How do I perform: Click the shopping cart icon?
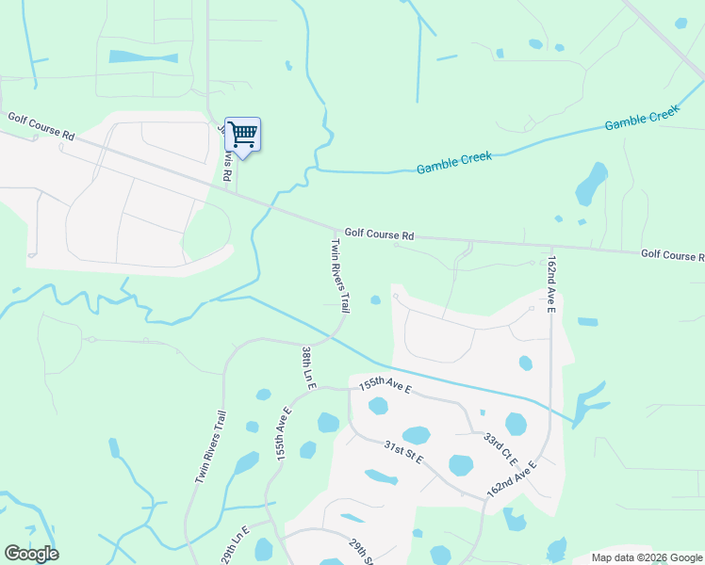(x=242, y=134)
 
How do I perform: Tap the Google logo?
(x=31, y=554)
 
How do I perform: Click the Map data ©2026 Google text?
(x=647, y=557)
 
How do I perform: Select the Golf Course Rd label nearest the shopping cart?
(x=41, y=126)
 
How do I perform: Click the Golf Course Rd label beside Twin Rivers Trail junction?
(x=379, y=234)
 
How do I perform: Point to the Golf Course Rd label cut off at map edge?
(x=672, y=255)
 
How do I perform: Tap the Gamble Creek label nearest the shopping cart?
(x=454, y=164)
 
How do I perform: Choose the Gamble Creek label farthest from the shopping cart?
(x=642, y=119)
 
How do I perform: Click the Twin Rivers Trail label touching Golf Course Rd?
(x=340, y=275)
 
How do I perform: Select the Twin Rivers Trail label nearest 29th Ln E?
(x=210, y=447)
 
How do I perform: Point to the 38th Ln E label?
(x=308, y=367)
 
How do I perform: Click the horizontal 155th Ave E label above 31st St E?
(x=385, y=385)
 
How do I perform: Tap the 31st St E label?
(x=403, y=452)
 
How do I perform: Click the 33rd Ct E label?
(x=500, y=450)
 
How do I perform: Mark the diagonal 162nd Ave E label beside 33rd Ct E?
(x=512, y=479)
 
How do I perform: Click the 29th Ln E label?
(x=233, y=545)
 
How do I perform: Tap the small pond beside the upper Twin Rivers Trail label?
(x=375, y=300)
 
